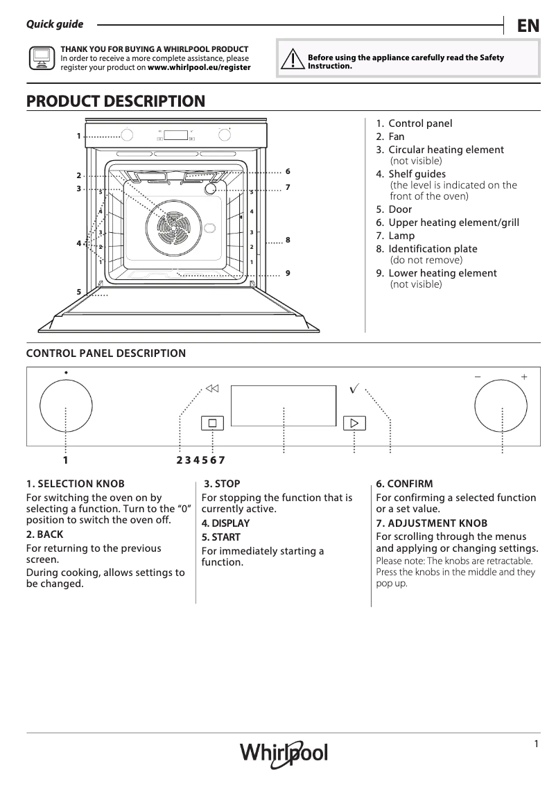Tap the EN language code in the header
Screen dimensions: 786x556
pos(528,26)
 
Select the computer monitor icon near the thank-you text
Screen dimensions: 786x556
pos(41,59)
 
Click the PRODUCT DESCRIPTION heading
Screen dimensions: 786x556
pos(116,101)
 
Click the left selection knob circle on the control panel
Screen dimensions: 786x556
pos(66,406)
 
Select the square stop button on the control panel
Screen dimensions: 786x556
pos(212,423)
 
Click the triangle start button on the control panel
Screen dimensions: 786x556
pos(354,423)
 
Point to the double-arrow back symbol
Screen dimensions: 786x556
pos(212,388)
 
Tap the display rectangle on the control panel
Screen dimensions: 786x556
pos(284,405)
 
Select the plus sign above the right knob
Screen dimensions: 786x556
pos(524,376)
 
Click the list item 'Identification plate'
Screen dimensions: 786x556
pos(433,249)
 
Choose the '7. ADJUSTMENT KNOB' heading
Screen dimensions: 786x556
pos(431,523)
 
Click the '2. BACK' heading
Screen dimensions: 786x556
pos(44,534)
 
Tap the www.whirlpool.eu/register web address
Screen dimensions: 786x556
pos(199,68)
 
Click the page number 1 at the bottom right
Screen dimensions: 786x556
pos(537,744)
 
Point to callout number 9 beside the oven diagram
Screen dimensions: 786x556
pos(287,273)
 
